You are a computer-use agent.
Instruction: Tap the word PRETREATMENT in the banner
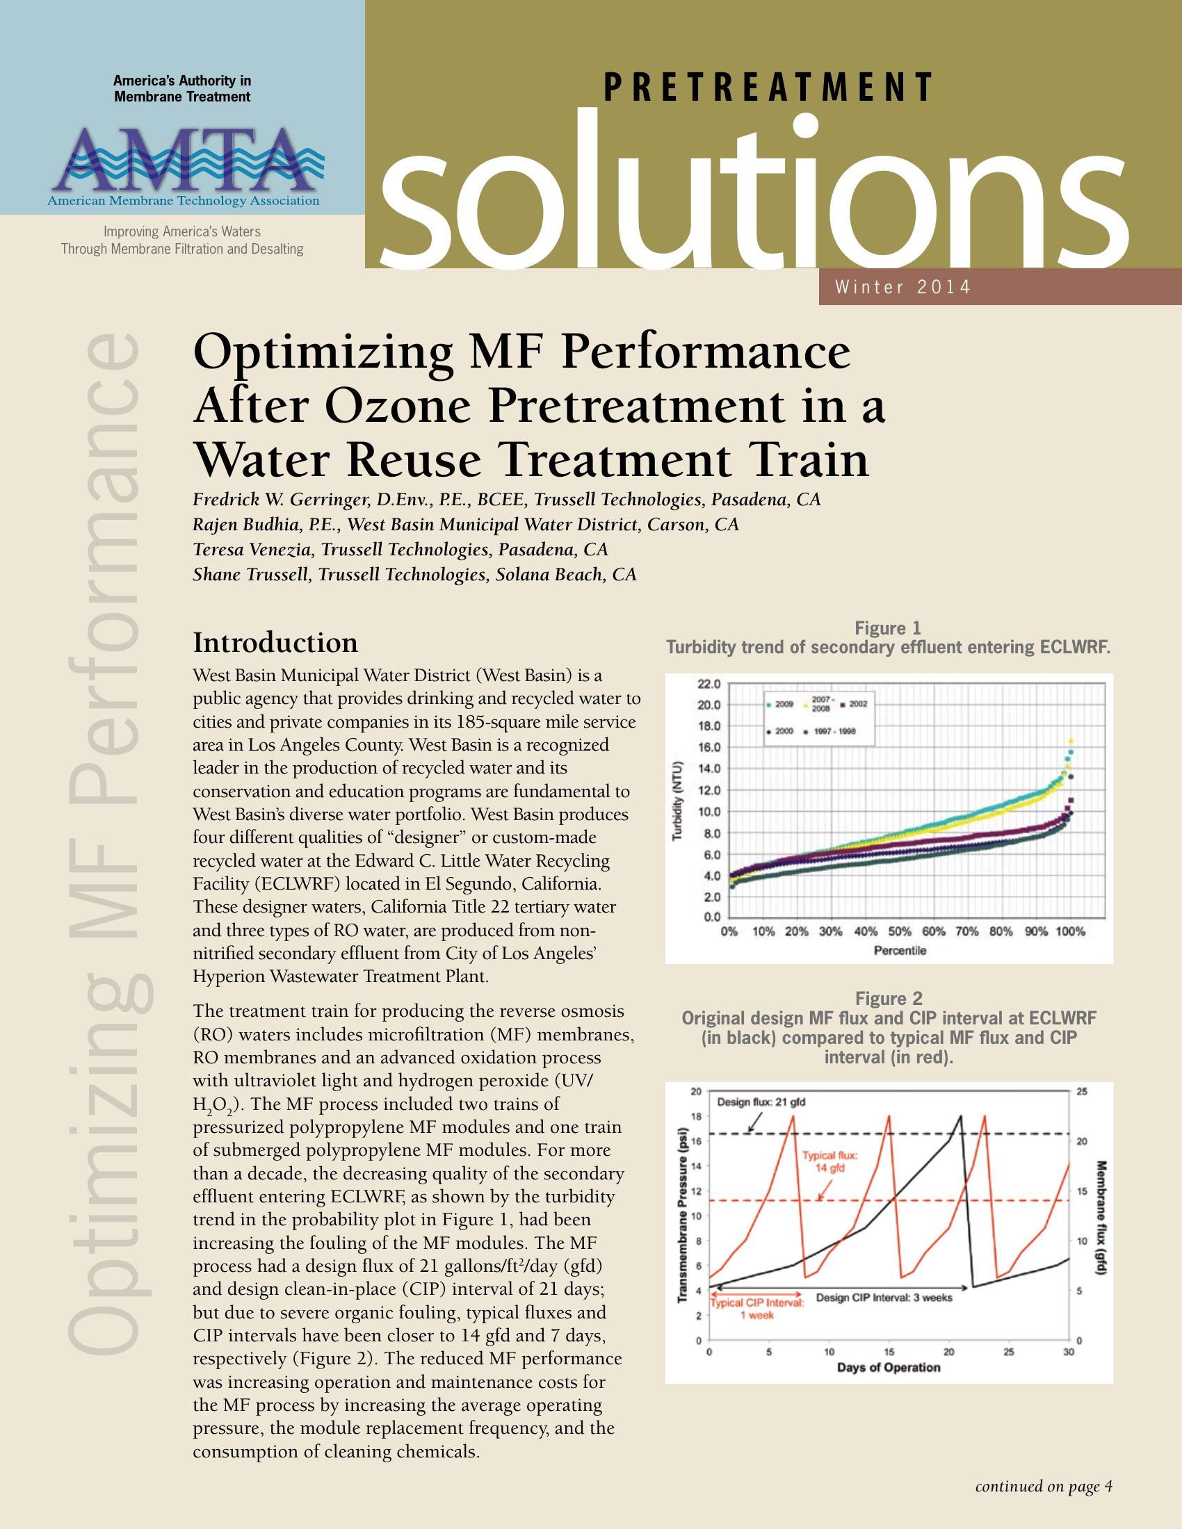(768, 88)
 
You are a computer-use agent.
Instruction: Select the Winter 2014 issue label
(902, 287)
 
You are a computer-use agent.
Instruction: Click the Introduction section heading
(275, 642)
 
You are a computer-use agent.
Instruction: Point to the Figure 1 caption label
(888, 628)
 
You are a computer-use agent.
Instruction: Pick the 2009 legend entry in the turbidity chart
(780, 703)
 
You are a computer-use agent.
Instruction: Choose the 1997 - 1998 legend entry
(834, 732)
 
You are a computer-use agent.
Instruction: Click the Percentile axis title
(900, 950)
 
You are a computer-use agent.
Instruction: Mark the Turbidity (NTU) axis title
(678, 801)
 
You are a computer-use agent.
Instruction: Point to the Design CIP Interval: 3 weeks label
(884, 1298)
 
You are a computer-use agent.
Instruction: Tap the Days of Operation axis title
(888, 1367)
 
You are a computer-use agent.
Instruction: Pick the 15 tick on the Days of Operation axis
(889, 1352)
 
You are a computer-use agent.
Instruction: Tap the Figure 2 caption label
(888, 998)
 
